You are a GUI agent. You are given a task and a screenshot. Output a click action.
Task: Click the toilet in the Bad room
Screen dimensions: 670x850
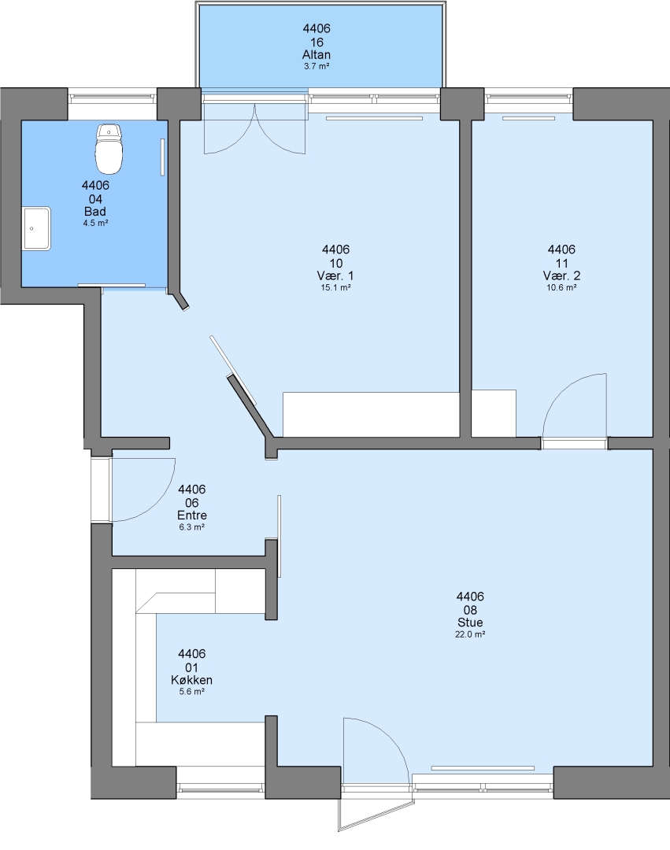click(109, 148)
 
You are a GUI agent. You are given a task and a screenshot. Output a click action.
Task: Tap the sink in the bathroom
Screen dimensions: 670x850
click(36, 228)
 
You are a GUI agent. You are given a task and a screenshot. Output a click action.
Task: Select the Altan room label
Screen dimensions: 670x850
click(316, 55)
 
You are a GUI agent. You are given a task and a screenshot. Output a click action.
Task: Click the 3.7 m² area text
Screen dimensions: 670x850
click(316, 66)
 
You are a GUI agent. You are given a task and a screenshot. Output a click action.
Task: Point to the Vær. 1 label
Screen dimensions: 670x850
click(335, 276)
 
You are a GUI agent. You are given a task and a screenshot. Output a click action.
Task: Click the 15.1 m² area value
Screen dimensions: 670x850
click(335, 287)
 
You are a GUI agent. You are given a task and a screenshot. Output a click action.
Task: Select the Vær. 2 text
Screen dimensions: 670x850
click(561, 276)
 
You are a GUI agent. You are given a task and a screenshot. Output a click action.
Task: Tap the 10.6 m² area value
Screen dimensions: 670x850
click(561, 287)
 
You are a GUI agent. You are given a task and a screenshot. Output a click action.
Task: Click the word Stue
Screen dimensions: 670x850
click(470, 623)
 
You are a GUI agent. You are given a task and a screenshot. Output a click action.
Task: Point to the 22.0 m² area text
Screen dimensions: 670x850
click(470, 634)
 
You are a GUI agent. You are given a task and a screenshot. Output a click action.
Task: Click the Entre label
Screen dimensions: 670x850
click(192, 516)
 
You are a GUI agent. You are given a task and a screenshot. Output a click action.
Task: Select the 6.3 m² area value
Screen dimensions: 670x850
click(192, 527)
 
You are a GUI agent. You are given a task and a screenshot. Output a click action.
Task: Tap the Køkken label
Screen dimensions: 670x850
click(192, 680)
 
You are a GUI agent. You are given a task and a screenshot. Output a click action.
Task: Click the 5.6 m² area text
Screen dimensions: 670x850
click(192, 692)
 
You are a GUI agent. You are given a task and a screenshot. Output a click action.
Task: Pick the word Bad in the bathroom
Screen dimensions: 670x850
click(94, 212)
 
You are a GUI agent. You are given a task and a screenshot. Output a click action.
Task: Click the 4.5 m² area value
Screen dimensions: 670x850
click(95, 223)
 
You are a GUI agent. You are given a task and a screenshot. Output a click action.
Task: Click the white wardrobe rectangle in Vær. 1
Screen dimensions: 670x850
click(372, 414)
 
